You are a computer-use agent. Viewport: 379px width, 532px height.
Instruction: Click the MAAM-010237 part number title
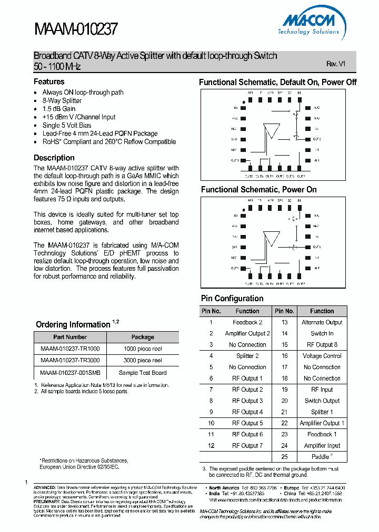(x=76, y=29)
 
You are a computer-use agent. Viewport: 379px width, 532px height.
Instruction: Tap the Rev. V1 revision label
(x=335, y=64)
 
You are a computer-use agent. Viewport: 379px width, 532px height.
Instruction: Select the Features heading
(x=49, y=81)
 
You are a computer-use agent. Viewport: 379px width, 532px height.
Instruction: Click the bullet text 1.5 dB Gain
(x=59, y=109)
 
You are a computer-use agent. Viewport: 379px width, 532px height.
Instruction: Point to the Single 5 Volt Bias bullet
(x=67, y=125)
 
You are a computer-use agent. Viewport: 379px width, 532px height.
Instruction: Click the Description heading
(x=54, y=158)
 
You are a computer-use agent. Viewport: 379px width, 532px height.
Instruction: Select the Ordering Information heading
(x=73, y=324)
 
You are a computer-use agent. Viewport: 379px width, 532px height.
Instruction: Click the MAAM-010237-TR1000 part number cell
(x=70, y=348)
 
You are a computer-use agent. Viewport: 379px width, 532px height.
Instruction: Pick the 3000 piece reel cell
(x=143, y=361)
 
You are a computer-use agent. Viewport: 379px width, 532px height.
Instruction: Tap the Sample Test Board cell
(x=143, y=373)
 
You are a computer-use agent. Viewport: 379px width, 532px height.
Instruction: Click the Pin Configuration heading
(x=232, y=298)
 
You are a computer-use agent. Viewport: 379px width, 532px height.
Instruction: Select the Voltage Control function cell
(x=322, y=356)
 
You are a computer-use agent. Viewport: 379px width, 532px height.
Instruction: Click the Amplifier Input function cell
(x=322, y=446)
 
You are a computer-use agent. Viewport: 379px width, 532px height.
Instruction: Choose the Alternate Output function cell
(x=322, y=322)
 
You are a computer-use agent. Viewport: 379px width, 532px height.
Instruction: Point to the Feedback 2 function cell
(x=247, y=322)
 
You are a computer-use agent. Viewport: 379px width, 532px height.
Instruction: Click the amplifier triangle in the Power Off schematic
(x=272, y=129)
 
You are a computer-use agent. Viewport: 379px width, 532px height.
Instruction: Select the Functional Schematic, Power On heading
(x=258, y=189)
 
